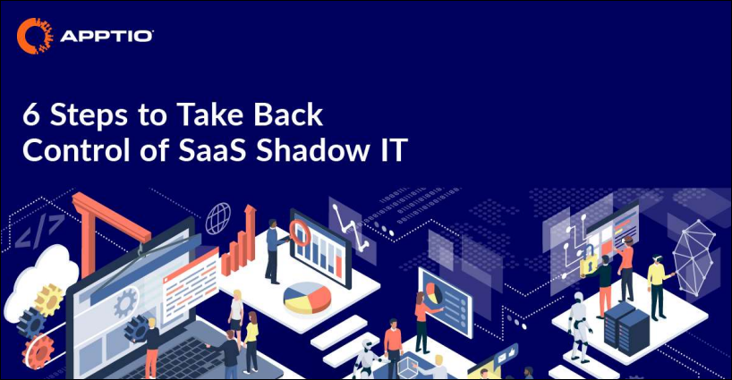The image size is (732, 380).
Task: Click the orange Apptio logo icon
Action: [35, 36]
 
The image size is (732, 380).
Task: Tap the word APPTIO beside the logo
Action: [106, 36]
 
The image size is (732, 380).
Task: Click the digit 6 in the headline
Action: [31, 115]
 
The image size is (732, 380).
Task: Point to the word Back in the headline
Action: [288, 114]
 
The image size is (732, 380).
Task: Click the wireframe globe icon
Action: [218, 218]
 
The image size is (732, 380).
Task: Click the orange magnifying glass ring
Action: [300, 233]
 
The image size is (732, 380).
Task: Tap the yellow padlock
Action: [588, 264]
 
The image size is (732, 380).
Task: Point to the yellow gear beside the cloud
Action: [48, 300]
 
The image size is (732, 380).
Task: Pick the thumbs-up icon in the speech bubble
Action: [512, 350]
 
